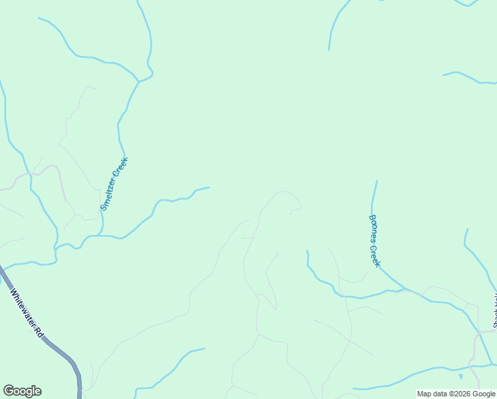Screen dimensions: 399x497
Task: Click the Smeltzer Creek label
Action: [x=114, y=184]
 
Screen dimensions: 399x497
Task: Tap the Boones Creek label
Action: [x=375, y=240]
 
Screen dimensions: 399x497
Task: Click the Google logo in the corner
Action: [x=22, y=391]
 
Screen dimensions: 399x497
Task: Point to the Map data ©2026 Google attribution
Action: [x=456, y=394]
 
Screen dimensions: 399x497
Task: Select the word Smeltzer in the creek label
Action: [x=108, y=196]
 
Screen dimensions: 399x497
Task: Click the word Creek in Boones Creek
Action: [x=377, y=255]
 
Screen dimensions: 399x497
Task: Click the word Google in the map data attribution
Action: [x=484, y=394]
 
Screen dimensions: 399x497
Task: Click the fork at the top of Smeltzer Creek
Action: [x=138, y=82]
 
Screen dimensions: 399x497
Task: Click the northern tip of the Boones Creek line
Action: [x=377, y=181]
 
